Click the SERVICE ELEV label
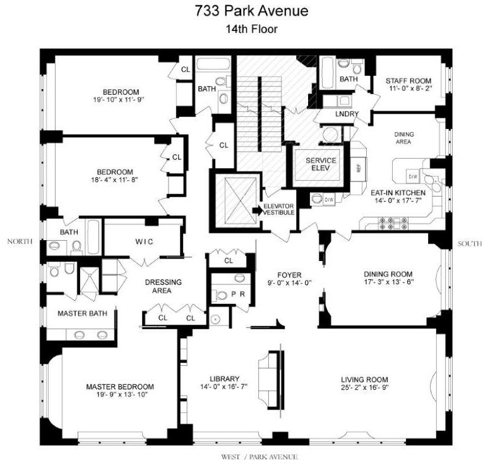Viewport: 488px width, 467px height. coord(321,165)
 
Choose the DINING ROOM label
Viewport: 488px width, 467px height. coord(388,274)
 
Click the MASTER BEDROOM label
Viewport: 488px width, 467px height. coord(120,387)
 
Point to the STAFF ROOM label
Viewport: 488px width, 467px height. coord(408,81)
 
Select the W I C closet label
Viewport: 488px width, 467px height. coord(144,242)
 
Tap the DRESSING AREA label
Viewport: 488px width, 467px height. coord(164,286)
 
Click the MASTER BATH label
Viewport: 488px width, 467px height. coord(82,313)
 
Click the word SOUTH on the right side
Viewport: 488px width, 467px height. coord(470,243)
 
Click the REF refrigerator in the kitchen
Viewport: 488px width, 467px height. coord(358,169)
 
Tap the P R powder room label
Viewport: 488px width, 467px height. coord(238,294)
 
